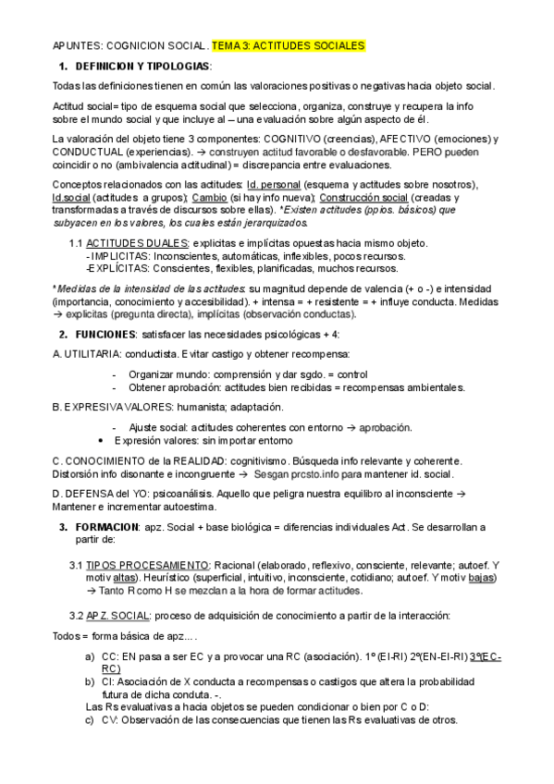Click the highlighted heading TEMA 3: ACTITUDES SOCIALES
pyautogui.click(x=289, y=45)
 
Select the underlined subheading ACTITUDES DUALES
pyautogui.click(x=126, y=242)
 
